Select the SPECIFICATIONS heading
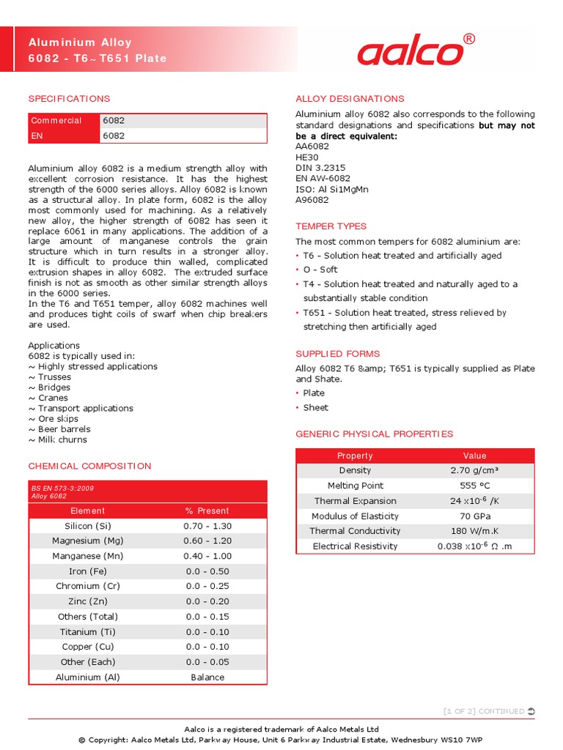coord(69,99)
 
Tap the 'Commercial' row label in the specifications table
coord(56,121)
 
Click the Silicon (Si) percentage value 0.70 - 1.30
coord(207,526)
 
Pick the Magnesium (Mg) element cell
coord(88,541)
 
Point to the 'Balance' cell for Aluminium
coord(207,677)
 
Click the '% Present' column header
coord(207,510)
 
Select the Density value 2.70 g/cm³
coord(474,470)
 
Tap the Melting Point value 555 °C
coord(474,486)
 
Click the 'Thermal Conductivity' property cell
coord(355,531)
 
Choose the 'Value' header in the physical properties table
coord(474,456)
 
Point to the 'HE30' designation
coord(307,157)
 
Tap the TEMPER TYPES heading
coord(331,226)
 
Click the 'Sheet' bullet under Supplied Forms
coord(315,407)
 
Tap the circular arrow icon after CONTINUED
coord(531,711)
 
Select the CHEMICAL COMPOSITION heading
coord(89,466)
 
